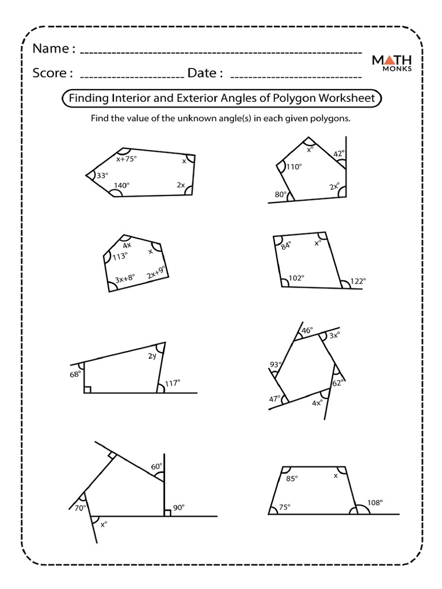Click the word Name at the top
click(50, 49)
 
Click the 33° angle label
click(102, 176)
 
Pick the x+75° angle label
click(127, 159)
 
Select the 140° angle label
click(121, 185)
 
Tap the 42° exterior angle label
click(339, 154)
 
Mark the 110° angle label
click(294, 167)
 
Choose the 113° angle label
click(120, 257)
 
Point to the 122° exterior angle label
click(357, 281)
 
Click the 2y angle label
click(152, 357)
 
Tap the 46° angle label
click(308, 331)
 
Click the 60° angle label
click(157, 466)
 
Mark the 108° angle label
click(375, 502)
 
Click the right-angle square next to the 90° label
click(167, 512)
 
